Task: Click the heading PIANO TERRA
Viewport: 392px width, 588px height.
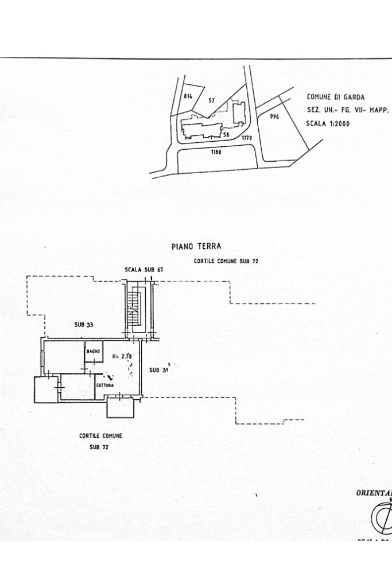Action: click(196, 247)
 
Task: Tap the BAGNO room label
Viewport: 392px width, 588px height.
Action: click(93, 351)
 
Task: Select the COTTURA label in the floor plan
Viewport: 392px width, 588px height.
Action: click(105, 385)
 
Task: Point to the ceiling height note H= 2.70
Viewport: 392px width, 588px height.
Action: click(123, 356)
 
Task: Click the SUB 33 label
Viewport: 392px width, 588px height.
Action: click(84, 325)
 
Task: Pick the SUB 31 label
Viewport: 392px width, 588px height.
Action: click(158, 370)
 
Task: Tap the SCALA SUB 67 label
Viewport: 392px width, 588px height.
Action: click(145, 269)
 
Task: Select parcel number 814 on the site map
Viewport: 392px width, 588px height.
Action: click(188, 96)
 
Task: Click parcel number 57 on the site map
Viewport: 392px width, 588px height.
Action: click(211, 100)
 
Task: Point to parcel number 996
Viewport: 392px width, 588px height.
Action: click(274, 116)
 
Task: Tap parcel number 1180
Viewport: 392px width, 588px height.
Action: click(216, 153)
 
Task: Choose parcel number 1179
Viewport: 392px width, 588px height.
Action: click(247, 138)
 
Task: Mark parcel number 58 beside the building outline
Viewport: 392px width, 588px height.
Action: click(226, 135)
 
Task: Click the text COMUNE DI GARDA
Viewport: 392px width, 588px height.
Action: click(336, 98)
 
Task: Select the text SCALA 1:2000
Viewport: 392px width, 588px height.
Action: click(328, 123)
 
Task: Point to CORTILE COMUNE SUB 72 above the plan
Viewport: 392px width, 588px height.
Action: click(226, 261)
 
